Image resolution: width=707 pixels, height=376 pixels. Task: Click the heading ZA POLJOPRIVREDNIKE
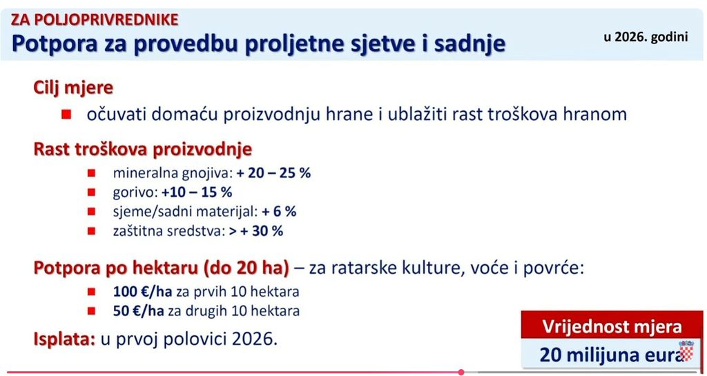coord(95,19)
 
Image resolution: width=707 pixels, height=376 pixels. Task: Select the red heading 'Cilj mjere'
coord(73,88)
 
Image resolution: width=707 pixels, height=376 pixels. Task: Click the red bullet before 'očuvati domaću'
coord(67,115)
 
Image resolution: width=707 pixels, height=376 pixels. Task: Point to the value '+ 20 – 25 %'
coord(273,173)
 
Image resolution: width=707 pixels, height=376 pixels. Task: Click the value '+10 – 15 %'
coord(197,192)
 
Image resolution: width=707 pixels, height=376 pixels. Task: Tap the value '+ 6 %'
coord(279,212)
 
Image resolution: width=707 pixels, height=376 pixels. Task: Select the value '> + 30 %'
coord(256,231)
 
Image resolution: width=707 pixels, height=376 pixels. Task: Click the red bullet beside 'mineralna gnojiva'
coord(92,173)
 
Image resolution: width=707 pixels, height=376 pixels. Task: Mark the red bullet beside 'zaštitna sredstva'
coord(92,231)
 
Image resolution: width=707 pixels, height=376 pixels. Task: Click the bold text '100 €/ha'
coord(142,292)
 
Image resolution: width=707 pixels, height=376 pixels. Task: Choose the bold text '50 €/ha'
coord(139,311)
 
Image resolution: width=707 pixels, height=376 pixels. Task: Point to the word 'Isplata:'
coord(64,339)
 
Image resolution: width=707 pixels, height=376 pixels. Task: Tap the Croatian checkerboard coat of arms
coord(686,350)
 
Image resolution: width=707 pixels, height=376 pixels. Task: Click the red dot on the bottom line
coord(461,372)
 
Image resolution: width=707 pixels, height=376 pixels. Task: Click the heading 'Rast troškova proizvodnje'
coord(142,150)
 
